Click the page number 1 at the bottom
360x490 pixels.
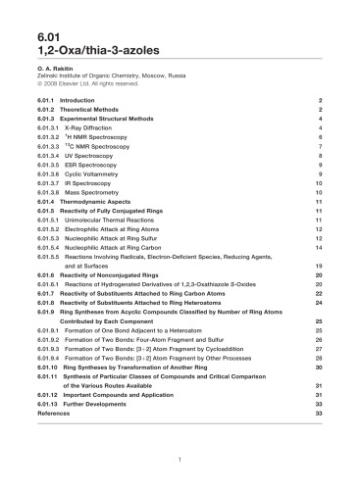pos(180,459)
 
